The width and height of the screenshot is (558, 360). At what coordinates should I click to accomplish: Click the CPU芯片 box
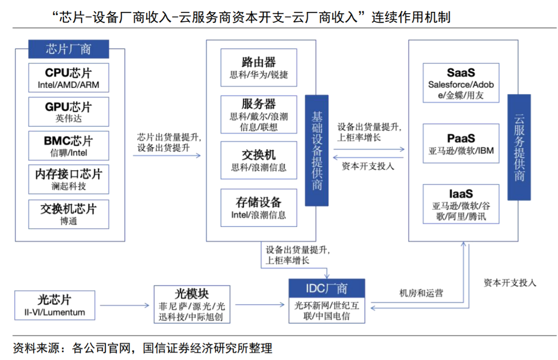click(69, 78)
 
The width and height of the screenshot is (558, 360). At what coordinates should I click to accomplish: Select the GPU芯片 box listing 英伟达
click(69, 112)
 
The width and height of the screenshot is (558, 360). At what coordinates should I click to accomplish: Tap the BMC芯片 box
click(69, 146)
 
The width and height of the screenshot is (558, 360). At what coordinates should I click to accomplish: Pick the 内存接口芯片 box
click(69, 179)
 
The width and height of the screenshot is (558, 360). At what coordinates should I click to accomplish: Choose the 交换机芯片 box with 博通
click(69, 214)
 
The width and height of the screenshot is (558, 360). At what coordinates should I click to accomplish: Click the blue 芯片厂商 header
click(69, 49)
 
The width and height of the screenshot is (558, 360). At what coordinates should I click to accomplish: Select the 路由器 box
click(258, 68)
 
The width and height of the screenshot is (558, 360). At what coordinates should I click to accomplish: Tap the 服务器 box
click(258, 115)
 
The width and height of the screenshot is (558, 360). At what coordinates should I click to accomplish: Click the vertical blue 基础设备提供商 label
click(317, 150)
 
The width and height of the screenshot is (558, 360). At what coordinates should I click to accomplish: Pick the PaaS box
click(461, 144)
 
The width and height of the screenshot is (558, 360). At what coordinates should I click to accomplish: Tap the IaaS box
click(461, 205)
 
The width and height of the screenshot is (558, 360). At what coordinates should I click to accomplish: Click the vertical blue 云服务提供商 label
click(519, 147)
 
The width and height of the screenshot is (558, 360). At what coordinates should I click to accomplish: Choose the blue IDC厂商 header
click(326, 288)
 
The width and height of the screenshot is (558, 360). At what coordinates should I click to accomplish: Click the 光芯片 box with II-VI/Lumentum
click(55, 305)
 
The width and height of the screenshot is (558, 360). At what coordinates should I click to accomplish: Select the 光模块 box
click(192, 304)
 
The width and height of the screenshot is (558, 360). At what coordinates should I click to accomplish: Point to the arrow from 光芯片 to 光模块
click(124, 305)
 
